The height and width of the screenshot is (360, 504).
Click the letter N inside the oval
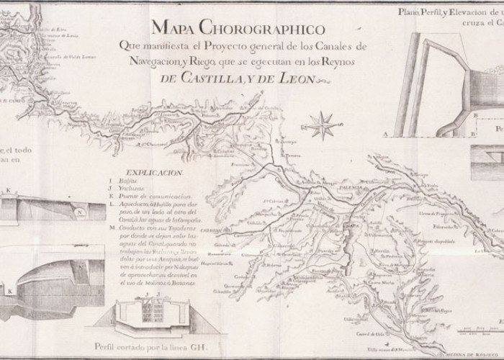pyautogui.click(x=81, y=213)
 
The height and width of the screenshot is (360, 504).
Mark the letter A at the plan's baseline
pyautogui.click(x=386, y=135)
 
